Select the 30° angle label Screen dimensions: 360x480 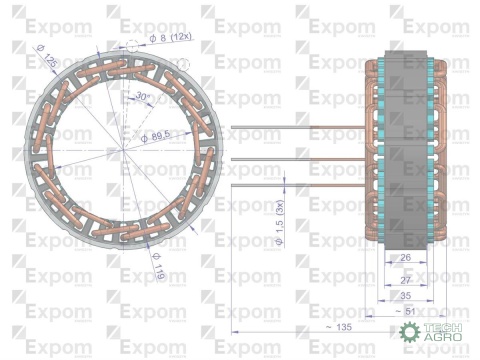point(143,97)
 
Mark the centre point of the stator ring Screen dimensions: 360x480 point(123,151)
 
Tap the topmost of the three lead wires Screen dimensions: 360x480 point(300,127)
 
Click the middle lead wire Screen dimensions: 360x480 point(300,159)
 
